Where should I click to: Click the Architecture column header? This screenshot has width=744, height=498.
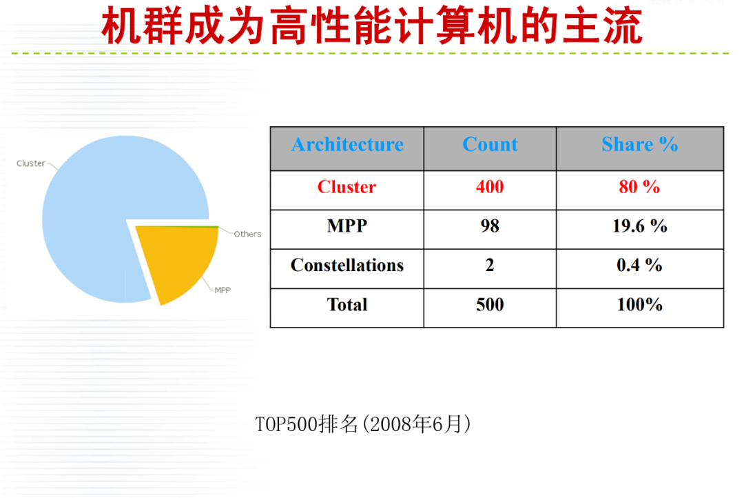coord(347,144)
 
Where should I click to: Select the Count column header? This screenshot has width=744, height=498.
coord(490,144)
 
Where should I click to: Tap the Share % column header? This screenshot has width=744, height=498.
coord(639,144)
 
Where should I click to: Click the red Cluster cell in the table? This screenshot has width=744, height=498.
coord(347,187)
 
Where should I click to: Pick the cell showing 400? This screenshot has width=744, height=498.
coord(490,187)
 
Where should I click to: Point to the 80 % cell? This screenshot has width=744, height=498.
coord(639,187)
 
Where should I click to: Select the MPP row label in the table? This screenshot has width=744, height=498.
coord(347,226)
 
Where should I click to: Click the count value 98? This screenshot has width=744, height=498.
coord(490,226)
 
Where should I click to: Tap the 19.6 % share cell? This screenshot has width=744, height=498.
coord(639,226)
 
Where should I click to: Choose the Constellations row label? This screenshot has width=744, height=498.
coord(347,265)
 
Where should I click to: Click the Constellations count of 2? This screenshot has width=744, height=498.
coord(490,265)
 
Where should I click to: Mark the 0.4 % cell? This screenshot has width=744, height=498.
coord(639,265)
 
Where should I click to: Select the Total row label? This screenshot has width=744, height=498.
coord(347,305)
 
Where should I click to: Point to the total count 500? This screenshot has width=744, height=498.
coord(490,305)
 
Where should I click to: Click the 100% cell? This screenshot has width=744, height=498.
coord(639,305)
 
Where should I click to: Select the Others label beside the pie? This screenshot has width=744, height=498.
coord(247,235)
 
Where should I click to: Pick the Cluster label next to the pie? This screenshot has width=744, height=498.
coord(30,163)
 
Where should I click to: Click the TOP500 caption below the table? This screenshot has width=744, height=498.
coord(364,424)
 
